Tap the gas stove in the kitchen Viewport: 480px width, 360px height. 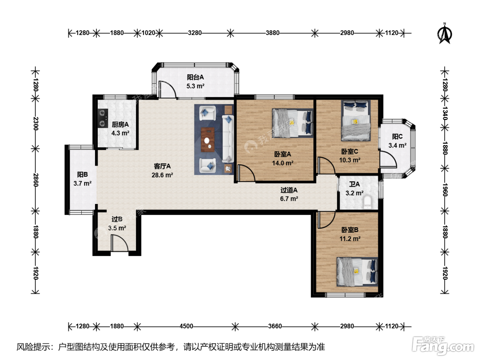[x=103, y=119]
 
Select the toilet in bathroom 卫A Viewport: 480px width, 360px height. [x=367, y=202]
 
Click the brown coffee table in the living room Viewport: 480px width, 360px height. [x=207, y=140]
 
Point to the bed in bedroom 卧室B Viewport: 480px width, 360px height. [x=357, y=272]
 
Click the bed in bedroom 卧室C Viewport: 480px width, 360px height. [x=356, y=120]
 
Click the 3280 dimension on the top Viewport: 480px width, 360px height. [x=195, y=33]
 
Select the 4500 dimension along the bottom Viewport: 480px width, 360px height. [x=186, y=326]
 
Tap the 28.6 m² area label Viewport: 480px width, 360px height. [x=162, y=175]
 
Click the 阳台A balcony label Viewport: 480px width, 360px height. [x=195, y=77]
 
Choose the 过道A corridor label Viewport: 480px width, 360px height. [x=289, y=190]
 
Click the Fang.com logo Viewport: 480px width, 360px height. [x=443, y=346]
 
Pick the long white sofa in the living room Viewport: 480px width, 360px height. [x=228, y=139]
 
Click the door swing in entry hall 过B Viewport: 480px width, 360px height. [x=119, y=243]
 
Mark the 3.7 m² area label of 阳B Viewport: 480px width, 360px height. [x=82, y=183]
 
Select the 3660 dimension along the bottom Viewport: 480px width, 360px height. [x=275, y=326]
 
